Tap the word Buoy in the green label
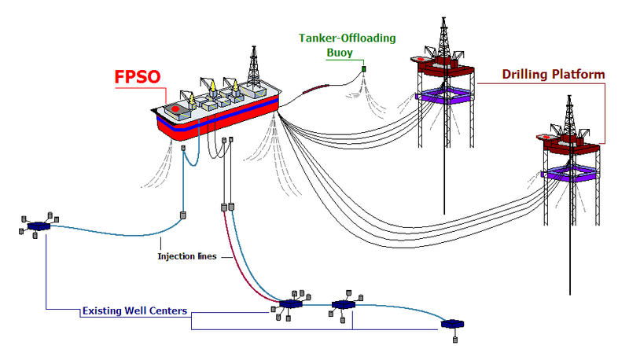pos(340,53)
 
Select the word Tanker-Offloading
pos(347,38)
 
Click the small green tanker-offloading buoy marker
pos(364,71)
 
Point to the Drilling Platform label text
pos(554,75)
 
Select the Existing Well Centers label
pos(134,311)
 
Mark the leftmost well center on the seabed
pos(37,226)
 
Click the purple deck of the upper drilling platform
pos(444,96)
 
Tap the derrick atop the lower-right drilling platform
pos(571,114)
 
